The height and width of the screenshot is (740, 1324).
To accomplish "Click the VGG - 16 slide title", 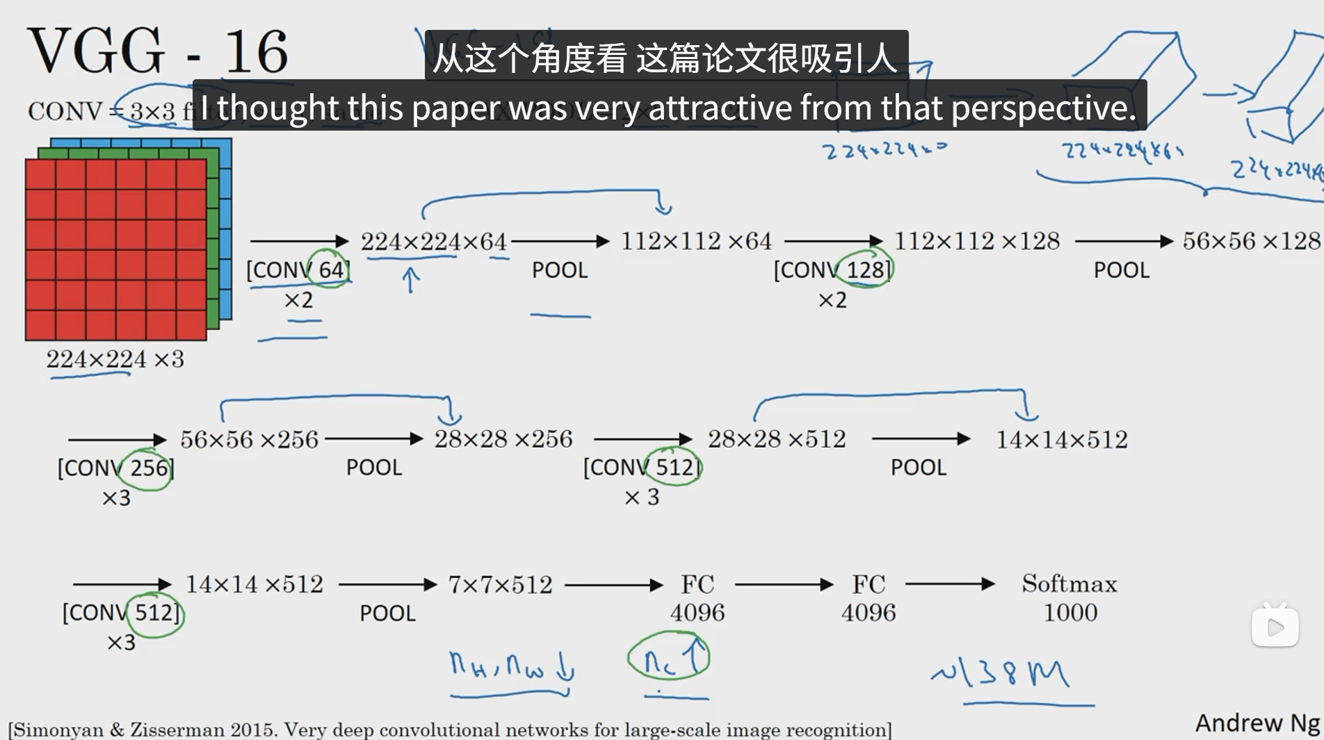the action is coord(157,51).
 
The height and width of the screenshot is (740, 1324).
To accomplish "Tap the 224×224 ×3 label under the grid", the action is coord(115,359).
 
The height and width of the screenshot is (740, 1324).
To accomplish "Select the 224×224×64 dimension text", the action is coord(433,242).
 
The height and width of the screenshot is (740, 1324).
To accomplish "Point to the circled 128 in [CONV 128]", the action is coord(866,270).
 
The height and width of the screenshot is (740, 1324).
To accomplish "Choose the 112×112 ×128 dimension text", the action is coord(976,241).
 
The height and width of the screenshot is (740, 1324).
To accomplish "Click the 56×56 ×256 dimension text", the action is coord(249,439).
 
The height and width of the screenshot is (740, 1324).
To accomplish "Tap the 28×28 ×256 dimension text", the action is coord(503,439).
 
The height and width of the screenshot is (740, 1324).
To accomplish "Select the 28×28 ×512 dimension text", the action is coord(777,439).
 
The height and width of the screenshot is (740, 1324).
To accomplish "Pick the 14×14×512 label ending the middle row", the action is coord(1062,440).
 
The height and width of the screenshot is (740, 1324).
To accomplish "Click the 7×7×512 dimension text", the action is coord(500,585).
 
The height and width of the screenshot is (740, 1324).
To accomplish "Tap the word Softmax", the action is coord(1069,584).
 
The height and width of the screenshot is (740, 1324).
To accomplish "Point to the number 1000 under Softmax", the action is coord(1070,613).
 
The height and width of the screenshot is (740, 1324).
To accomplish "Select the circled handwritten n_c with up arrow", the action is coord(668,656).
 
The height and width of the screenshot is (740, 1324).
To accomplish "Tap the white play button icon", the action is coord(1275,627).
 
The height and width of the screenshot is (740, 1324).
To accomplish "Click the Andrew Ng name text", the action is coord(1257,723).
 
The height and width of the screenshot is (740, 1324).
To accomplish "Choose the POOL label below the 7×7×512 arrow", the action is coord(387,614).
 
